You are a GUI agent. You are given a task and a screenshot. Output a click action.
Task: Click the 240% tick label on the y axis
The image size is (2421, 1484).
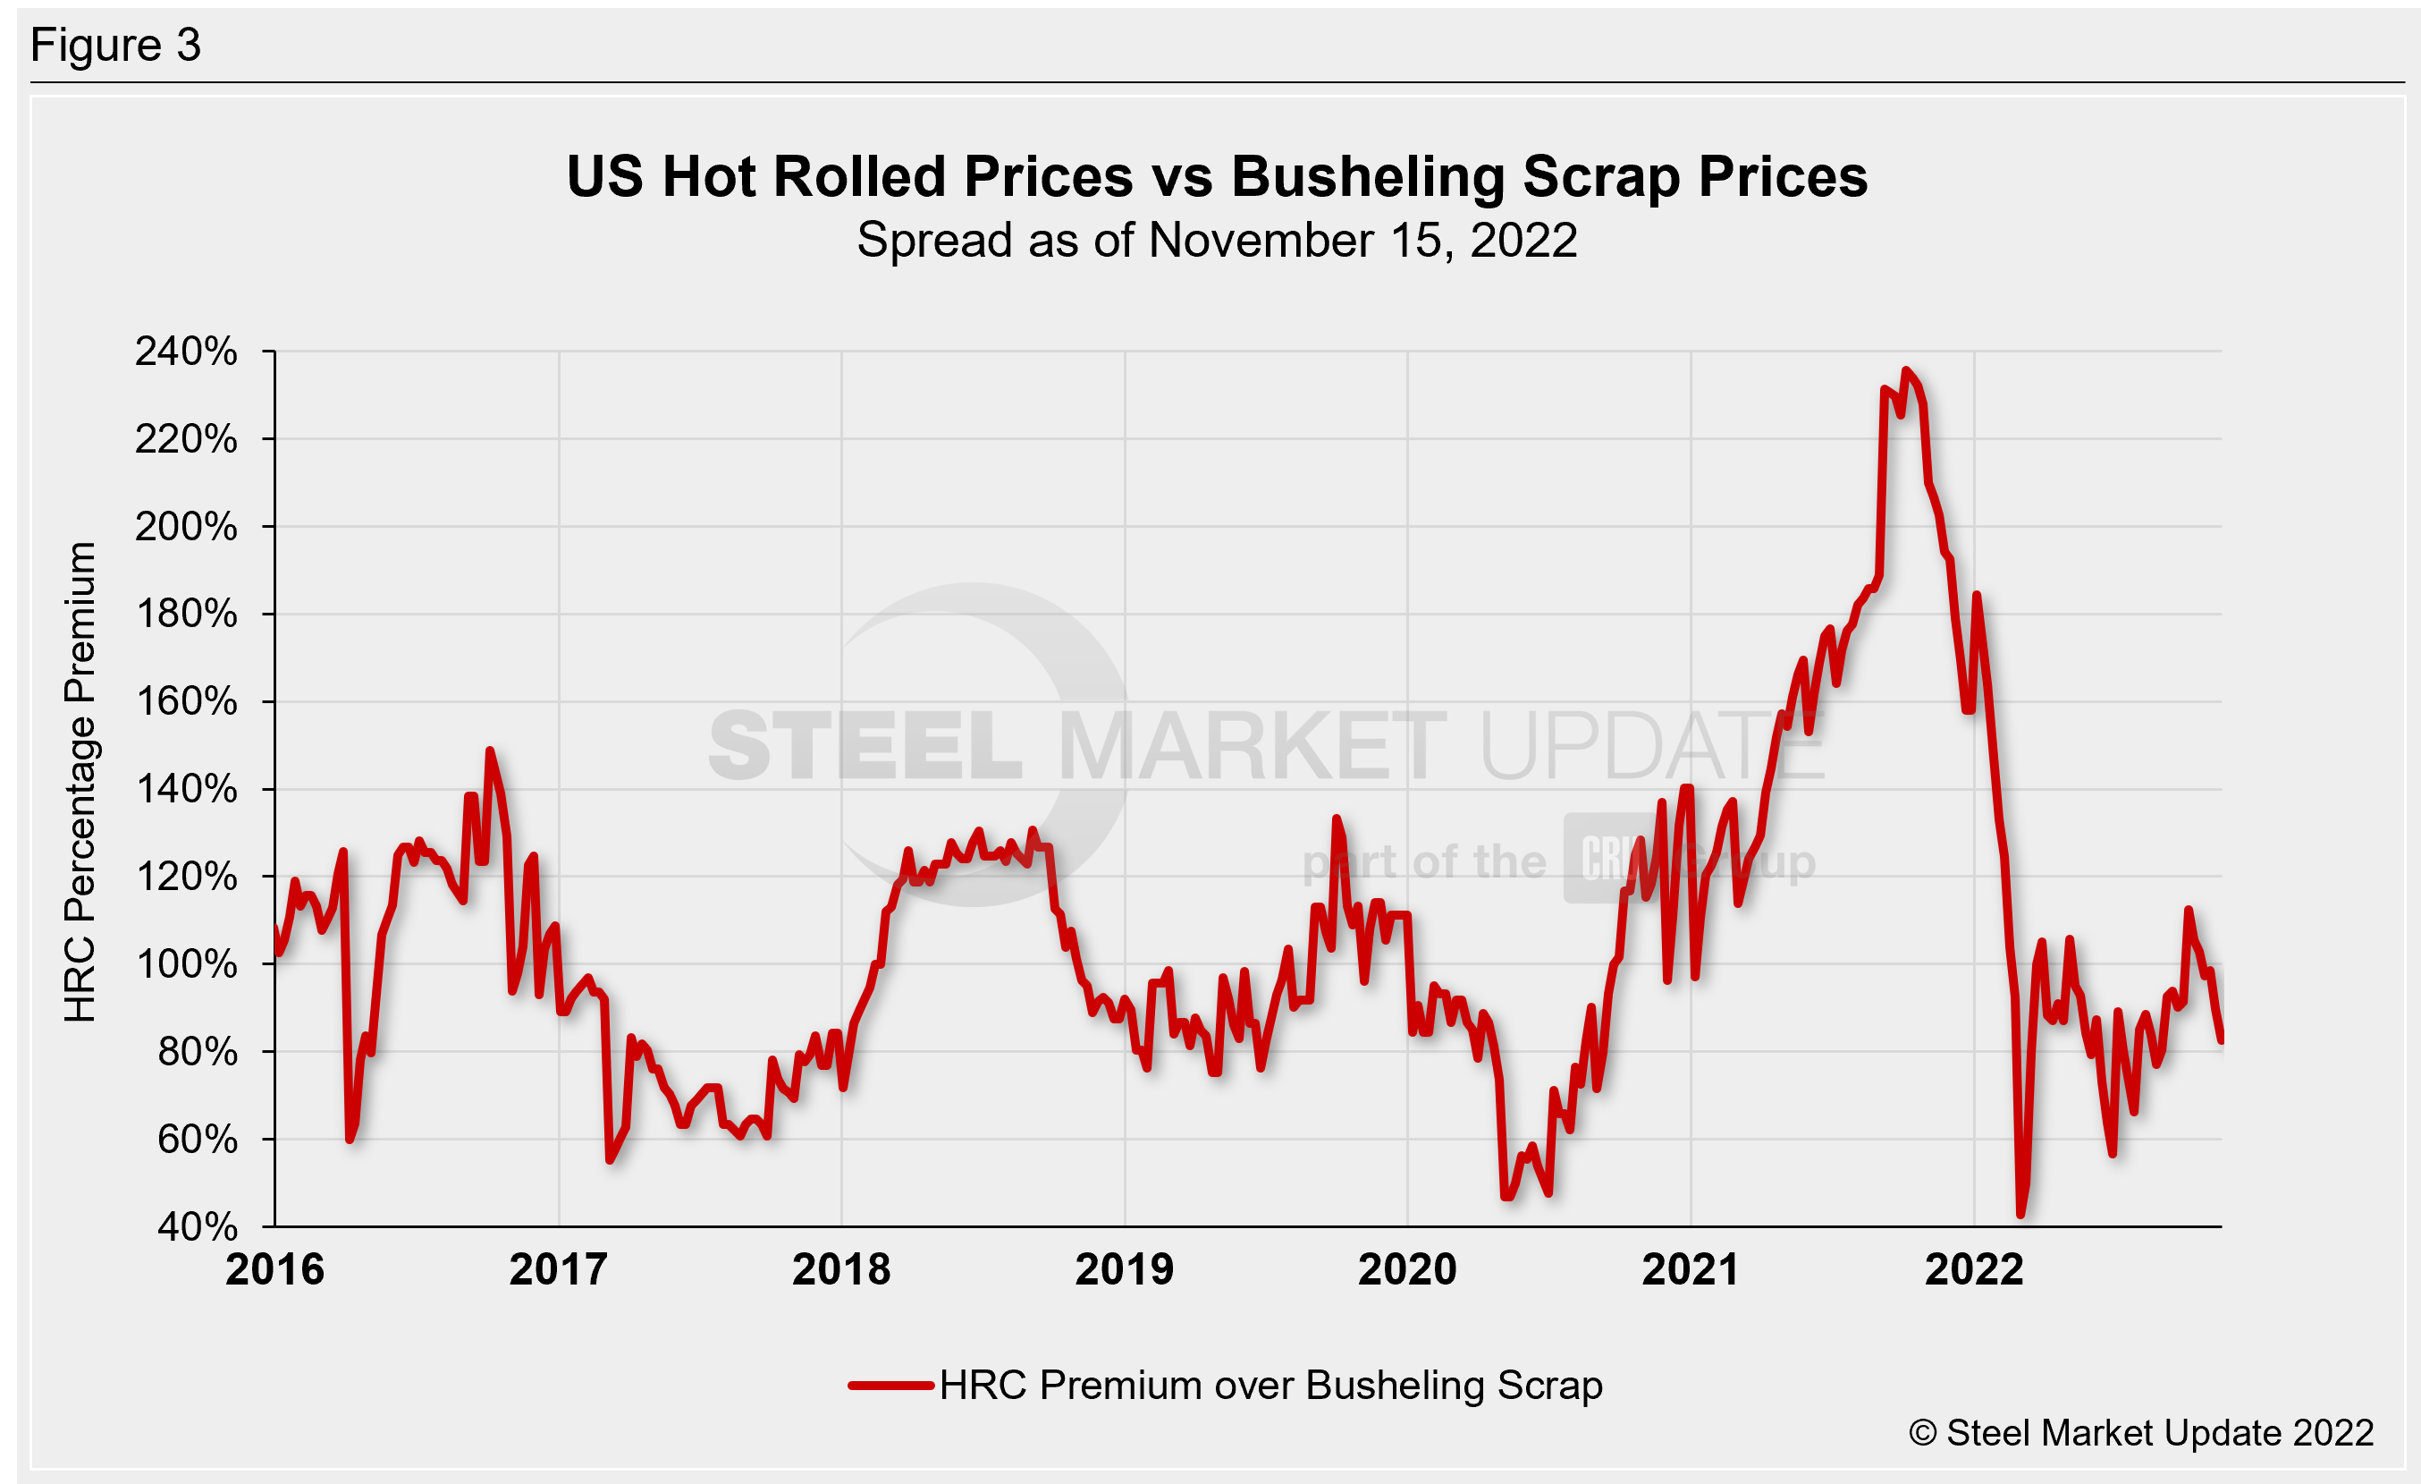[186, 352]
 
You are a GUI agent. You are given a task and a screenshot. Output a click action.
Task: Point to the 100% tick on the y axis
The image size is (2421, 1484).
[186, 964]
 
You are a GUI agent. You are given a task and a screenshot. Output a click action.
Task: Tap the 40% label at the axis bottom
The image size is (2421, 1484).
[197, 1226]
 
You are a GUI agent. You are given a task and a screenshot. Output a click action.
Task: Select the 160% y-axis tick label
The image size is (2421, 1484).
[186, 701]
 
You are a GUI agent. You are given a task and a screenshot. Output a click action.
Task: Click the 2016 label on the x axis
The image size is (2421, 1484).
[274, 1269]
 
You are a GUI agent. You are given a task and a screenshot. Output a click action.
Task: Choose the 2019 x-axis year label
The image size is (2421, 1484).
[1124, 1269]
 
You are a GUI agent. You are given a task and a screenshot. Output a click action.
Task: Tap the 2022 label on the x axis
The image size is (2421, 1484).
[1974, 1269]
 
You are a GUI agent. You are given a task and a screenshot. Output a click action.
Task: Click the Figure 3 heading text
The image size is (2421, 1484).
[116, 46]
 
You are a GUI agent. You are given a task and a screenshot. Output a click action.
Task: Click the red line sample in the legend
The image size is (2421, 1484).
[890, 1386]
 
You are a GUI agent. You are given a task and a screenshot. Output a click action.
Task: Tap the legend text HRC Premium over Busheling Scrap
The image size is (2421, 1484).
[1270, 1386]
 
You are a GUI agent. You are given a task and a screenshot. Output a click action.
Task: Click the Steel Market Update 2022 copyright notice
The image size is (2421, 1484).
[2141, 1433]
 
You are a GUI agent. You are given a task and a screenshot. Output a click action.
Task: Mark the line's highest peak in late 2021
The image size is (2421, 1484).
[1905, 370]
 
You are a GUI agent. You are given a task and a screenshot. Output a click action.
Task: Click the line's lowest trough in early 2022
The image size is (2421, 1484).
[2020, 1215]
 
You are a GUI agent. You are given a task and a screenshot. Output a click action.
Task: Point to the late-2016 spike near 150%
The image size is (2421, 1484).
[489, 750]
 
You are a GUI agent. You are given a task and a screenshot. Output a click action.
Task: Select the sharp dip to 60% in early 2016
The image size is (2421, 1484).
[349, 1138]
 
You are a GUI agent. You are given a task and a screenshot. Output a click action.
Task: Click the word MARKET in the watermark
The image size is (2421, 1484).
[1251, 747]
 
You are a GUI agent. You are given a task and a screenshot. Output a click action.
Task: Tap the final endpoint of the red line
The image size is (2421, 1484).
[2221, 1039]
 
